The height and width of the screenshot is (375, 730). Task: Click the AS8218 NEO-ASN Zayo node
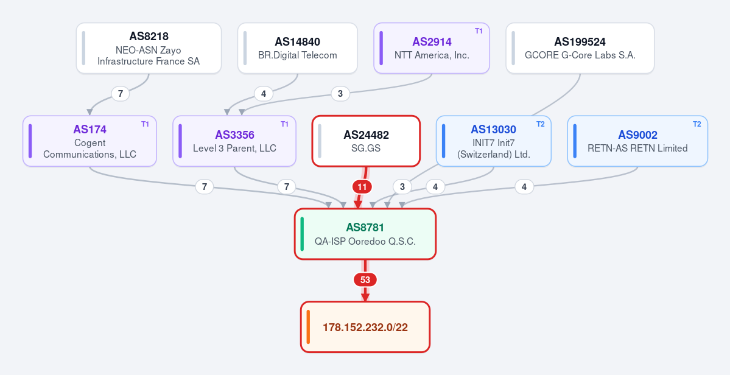click(x=149, y=48)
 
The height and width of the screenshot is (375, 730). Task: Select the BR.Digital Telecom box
click(x=298, y=48)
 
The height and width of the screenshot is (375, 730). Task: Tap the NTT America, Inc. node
click(x=432, y=48)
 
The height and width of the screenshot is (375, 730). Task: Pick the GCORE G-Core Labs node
click(x=580, y=48)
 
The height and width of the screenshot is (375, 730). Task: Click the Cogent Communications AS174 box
click(x=90, y=141)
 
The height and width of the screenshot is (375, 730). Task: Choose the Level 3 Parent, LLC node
click(x=234, y=141)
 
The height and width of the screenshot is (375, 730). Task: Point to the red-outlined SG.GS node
click(x=366, y=141)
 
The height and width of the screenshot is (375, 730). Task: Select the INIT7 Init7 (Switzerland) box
click(x=494, y=141)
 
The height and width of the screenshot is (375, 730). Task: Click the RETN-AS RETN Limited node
click(x=637, y=141)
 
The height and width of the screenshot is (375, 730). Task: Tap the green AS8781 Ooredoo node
click(x=365, y=234)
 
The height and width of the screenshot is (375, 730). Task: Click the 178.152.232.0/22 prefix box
click(x=365, y=327)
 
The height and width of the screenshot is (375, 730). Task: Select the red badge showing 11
click(x=362, y=187)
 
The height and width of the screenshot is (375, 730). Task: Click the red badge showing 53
click(x=365, y=280)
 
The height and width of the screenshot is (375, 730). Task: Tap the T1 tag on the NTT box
click(x=479, y=31)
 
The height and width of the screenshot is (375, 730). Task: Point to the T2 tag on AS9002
click(x=697, y=124)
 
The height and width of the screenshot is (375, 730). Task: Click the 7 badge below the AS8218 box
click(x=121, y=94)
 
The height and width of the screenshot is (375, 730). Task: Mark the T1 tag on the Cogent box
click(x=146, y=124)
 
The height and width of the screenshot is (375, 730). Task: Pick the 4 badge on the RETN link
click(x=524, y=187)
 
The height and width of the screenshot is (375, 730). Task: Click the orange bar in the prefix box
click(x=308, y=327)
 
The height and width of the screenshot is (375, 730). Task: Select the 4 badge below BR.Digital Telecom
click(x=264, y=94)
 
